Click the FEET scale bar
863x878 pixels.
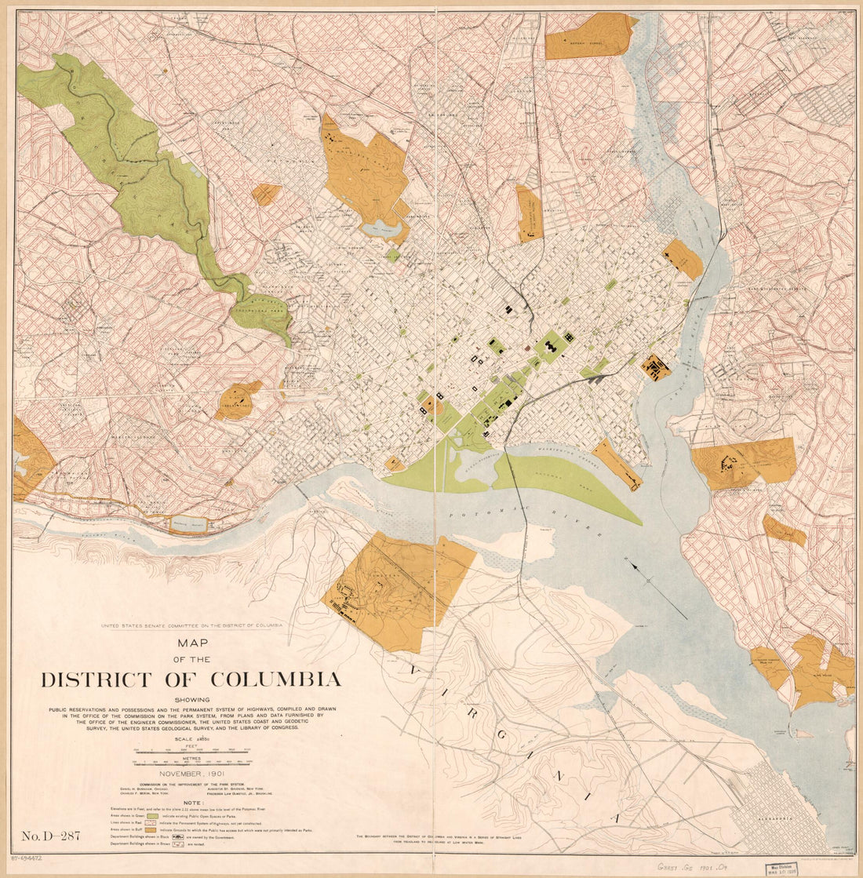tap(192, 751)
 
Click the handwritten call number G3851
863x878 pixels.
tap(675, 865)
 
